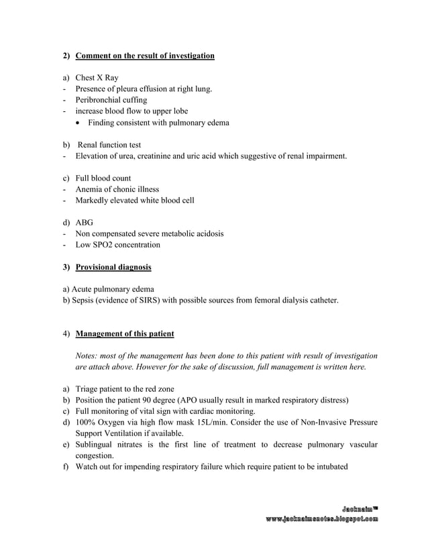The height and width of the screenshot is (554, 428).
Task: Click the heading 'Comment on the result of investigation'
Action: click(x=145, y=56)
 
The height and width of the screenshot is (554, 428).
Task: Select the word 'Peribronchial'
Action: click(x=99, y=100)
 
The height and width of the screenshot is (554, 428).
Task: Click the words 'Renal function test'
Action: click(x=109, y=145)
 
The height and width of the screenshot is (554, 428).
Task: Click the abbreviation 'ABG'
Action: click(x=85, y=223)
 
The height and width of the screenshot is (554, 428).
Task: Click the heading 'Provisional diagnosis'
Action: click(x=113, y=268)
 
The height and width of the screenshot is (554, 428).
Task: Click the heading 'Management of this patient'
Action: click(x=125, y=334)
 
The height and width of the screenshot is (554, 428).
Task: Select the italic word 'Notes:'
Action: click(x=88, y=355)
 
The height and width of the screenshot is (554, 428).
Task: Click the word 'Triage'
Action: click(x=87, y=389)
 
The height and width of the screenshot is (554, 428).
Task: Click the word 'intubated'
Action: click(x=331, y=467)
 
